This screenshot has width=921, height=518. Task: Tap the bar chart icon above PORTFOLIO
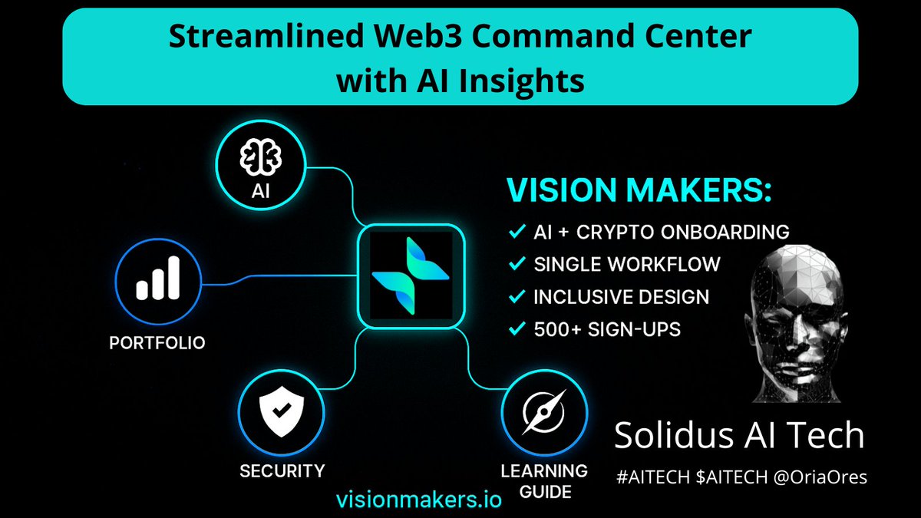tap(157, 277)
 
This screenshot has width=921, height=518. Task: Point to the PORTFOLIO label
tap(157, 342)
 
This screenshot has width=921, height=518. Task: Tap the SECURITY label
tap(282, 470)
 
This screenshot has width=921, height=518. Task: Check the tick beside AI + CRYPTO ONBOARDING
tap(517, 231)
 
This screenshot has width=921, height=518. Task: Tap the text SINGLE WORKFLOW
tap(626, 265)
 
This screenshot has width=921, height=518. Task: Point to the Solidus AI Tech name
tap(739, 436)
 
